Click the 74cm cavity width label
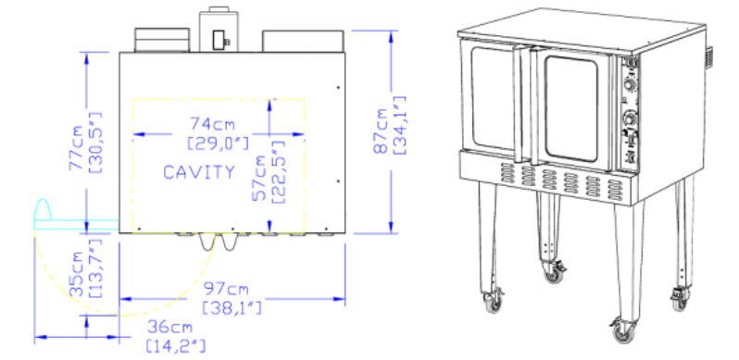pyautogui.click(x=213, y=123)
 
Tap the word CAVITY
pyautogui.click(x=198, y=172)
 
